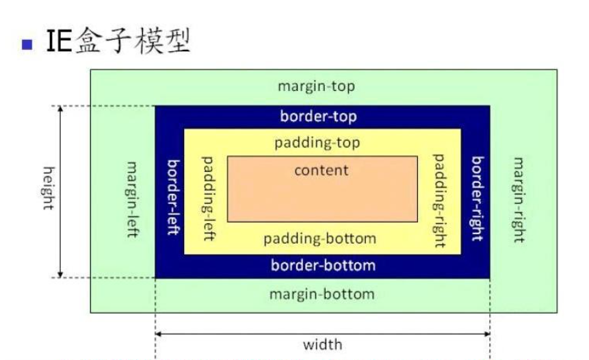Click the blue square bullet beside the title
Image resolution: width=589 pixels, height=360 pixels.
pyautogui.click(x=27, y=44)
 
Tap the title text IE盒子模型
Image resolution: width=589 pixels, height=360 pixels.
pyautogui.click(x=118, y=40)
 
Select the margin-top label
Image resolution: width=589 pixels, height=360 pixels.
pyautogui.click(x=316, y=86)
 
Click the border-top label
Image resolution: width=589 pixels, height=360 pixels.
pyautogui.click(x=319, y=116)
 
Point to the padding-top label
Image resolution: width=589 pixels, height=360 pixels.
pyautogui.click(x=317, y=143)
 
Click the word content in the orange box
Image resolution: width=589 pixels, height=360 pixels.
pyautogui.click(x=322, y=170)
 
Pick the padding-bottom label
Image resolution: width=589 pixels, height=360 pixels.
pyautogui.click(x=319, y=239)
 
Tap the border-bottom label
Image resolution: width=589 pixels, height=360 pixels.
pyautogui.click(x=323, y=266)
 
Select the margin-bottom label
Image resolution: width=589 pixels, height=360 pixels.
pyautogui.click(x=322, y=294)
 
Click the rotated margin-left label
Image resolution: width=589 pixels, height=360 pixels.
pyautogui.click(x=132, y=200)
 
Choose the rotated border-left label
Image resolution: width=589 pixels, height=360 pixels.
pyautogui.click(x=173, y=198)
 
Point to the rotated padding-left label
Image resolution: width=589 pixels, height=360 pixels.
pyautogui.click(x=209, y=198)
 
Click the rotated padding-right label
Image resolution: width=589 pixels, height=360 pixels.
pyautogui.click(x=439, y=201)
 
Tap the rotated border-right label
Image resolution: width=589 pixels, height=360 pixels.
pyautogui.click(x=477, y=198)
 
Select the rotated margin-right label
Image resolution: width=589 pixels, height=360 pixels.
pyautogui.click(x=519, y=200)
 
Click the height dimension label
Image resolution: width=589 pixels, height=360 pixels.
pyautogui.click(x=49, y=188)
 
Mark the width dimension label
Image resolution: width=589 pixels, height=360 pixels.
pyautogui.click(x=323, y=344)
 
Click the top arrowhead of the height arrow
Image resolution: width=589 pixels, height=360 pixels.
pyautogui.click(x=60, y=108)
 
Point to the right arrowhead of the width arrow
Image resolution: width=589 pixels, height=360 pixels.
pyautogui.click(x=488, y=334)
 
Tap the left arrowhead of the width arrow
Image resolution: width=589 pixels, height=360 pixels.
pyautogui.click(x=158, y=334)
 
